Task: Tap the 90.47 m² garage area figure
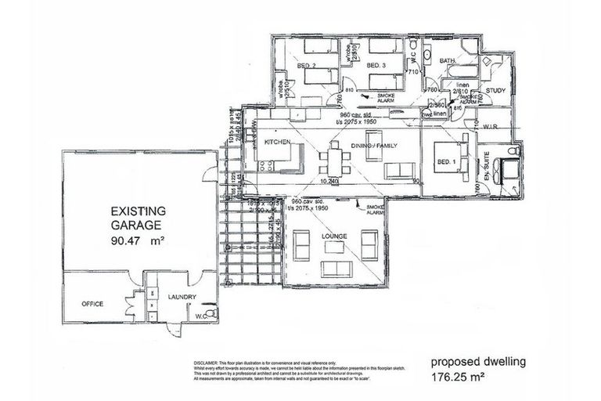tap(139, 240)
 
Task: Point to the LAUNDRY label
tap(181, 297)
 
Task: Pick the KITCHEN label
tap(278, 142)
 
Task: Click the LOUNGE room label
tap(335, 235)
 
